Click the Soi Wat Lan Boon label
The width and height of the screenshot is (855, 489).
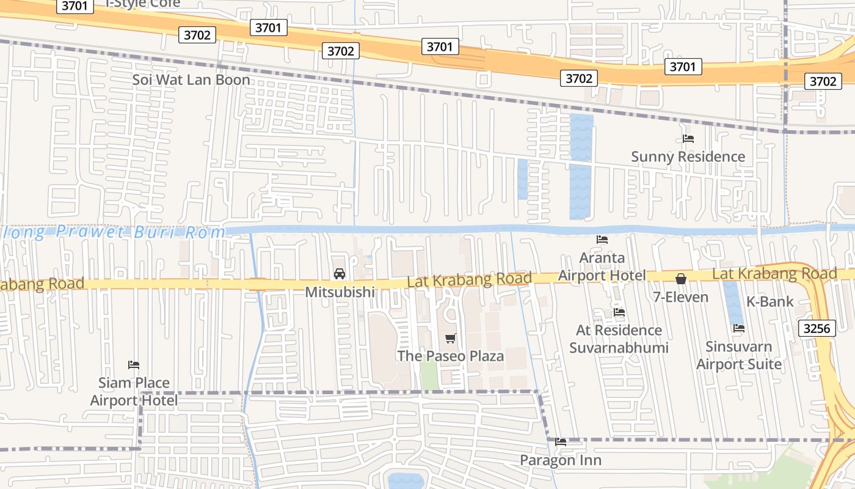191,80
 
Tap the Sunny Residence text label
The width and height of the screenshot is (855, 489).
688,156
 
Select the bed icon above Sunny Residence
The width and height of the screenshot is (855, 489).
688,139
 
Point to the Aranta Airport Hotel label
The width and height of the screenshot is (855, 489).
602,267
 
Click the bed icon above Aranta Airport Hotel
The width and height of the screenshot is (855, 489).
602,240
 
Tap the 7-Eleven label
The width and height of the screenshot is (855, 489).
680,298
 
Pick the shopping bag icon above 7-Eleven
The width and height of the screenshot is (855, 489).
681,279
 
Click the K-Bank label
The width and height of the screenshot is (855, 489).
770,301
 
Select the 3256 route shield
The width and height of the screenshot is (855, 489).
817,329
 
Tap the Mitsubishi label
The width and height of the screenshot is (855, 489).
340,292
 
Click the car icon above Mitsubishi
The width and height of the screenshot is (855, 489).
340,274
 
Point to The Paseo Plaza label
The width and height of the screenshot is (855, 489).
451,356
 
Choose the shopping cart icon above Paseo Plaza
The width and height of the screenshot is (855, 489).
451,338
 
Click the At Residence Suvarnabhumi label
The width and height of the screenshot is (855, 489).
619,339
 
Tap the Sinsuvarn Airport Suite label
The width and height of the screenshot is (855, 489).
739,355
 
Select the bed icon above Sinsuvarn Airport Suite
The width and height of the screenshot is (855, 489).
739,328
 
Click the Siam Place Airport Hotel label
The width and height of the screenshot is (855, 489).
134,391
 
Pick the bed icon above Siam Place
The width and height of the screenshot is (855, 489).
134,365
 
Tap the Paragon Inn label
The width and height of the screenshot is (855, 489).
560,460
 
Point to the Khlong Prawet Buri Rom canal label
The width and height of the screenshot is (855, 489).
116,232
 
